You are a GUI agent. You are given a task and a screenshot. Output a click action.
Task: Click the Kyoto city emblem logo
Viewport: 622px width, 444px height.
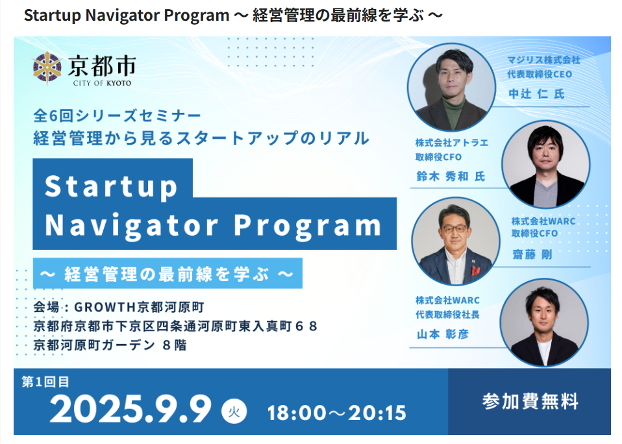tap(47, 68)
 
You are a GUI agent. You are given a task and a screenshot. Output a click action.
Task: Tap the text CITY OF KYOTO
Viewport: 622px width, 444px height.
tap(102, 83)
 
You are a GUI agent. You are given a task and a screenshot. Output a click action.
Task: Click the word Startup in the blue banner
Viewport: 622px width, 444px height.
tap(111, 186)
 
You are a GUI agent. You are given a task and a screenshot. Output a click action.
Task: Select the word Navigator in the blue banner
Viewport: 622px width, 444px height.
tap(132, 225)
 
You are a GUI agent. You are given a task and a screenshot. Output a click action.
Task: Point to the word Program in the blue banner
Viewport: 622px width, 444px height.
tap(308, 226)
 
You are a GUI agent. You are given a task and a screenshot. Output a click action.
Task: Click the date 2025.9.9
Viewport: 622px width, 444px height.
tap(131, 409)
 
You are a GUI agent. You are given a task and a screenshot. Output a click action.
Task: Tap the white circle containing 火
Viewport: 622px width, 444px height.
tap(234, 412)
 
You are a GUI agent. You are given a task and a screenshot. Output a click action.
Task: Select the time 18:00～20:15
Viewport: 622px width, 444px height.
tap(337, 413)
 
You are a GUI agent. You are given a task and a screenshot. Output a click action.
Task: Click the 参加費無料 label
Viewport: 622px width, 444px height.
tap(530, 401)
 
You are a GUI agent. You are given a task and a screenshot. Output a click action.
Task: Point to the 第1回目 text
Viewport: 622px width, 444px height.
tap(45, 382)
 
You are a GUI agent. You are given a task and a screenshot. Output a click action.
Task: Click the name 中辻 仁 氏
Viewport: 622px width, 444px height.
tap(536, 94)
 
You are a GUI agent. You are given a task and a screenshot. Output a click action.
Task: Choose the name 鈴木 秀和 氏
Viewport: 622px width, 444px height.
tap(451, 176)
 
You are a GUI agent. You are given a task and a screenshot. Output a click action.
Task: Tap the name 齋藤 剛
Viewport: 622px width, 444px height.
tap(532, 254)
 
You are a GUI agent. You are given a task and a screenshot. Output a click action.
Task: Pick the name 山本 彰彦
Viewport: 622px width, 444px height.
tap(442, 334)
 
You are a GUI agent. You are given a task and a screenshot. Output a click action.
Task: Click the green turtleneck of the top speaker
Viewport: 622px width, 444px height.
tap(453, 110)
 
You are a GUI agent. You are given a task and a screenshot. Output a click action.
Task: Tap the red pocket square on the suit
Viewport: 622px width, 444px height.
tap(476, 271)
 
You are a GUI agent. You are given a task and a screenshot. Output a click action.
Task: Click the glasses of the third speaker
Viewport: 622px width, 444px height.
tap(454, 228)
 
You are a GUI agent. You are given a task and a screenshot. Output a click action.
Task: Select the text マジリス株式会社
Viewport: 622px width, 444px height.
tap(543, 60)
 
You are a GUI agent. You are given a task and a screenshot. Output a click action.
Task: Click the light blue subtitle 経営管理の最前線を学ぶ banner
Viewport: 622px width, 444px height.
tap(168, 273)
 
